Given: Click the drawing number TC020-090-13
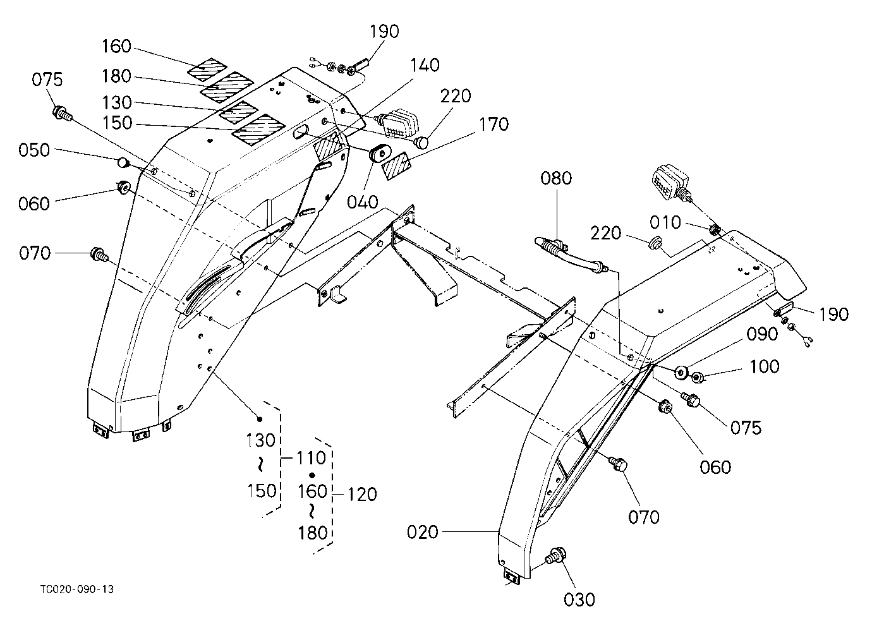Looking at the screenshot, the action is point(77,589).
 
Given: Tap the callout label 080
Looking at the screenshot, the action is point(556,178).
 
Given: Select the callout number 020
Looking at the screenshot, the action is point(422,532).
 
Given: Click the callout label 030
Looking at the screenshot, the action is point(579,600).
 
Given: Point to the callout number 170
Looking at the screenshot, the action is point(494,124).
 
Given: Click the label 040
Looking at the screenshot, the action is point(363,202).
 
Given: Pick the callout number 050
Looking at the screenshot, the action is point(34,150).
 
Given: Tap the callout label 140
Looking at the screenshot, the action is point(425,65).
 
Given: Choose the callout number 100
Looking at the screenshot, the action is point(764,366).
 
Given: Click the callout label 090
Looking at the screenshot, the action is point(762,334).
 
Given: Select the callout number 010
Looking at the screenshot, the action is point(665,222).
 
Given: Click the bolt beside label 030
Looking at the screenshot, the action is point(556,557).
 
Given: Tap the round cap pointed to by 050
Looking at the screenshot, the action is point(123,162).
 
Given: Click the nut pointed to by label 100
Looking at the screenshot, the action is point(697,377).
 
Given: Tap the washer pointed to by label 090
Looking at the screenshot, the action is point(681,373).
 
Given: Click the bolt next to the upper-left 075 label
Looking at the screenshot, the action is point(62,112).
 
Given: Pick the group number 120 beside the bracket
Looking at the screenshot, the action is point(362,495).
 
